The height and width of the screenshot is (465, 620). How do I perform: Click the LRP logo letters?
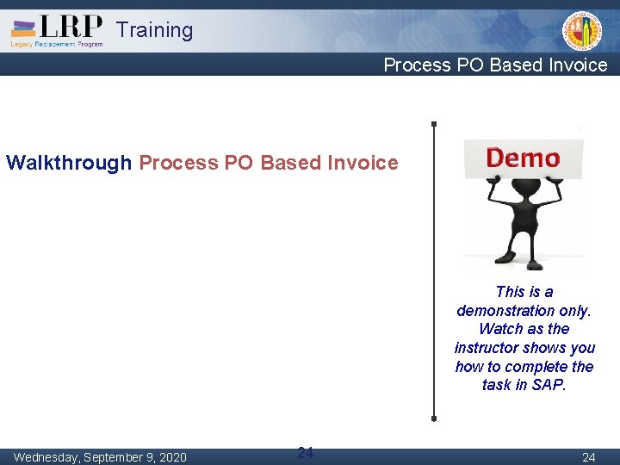click(71, 25)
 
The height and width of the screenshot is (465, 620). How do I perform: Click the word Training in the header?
click(155, 30)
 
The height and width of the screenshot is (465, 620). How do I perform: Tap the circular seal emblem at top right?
click(582, 31)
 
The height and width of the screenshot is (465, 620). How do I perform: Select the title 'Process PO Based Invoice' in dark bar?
click(495, 65)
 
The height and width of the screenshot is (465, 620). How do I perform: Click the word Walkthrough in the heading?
click(69, 163)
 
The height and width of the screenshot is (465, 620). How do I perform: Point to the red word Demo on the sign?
click(523, 158)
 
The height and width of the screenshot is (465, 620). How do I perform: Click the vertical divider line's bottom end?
click(434, 418)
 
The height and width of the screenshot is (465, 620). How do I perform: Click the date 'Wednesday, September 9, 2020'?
click(100, 457)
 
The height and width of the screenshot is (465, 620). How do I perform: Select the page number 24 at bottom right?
click(588, 457)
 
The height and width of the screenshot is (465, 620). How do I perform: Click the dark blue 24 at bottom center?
click(305, 452)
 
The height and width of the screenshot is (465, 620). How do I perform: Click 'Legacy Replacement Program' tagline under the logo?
click(56, 44)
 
